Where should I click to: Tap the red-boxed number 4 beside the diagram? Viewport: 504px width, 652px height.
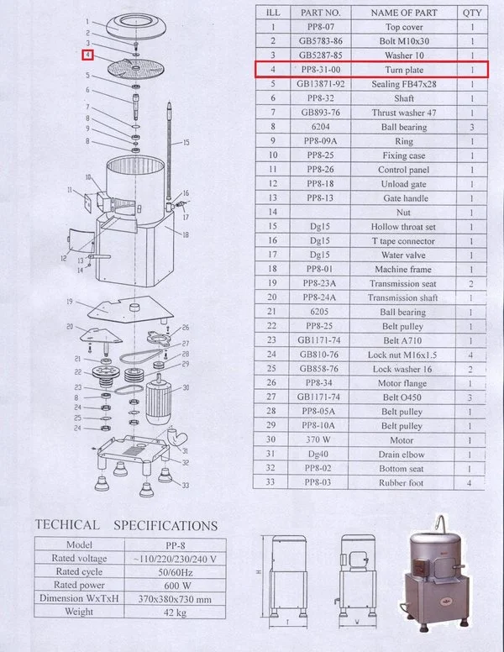click(x=87, y=55)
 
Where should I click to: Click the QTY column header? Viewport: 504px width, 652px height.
click(x=472, y=12)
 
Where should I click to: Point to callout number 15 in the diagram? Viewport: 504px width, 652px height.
click(x=186, y=142)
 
